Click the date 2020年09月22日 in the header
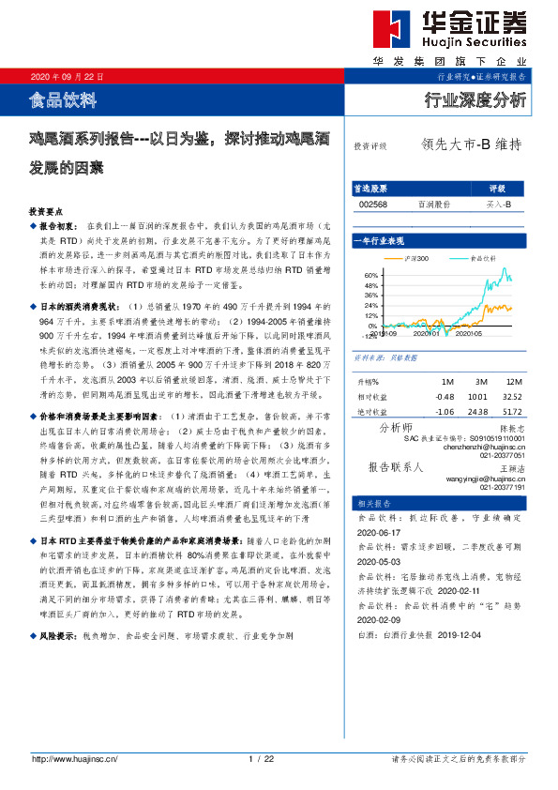click(x=68, y=76)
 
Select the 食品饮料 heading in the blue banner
click(x=63, y=98)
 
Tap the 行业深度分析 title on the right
click(x=476, y=99)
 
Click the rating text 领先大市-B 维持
click(x=471, y=145)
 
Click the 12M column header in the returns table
click(x=512, y=382)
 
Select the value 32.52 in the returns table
click(x=512, y=395)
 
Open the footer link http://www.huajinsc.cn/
click(x=74, y=758)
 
